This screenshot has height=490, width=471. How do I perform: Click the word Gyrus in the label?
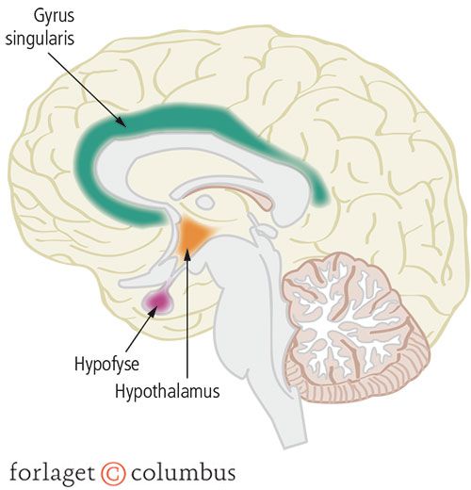[x=54, y=16]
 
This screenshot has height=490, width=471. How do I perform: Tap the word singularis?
[x=40, y=39]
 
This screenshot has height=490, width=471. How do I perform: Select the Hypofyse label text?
[x=106, y=365]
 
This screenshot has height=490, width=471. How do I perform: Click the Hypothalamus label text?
[x=167, y=391]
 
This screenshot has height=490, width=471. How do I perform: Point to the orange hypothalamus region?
[x=192, y=234]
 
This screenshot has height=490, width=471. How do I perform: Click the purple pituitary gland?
[x=158, y=301]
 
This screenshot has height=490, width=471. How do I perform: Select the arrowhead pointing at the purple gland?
[x=153, y=309]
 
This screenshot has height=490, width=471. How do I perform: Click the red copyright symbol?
[x=113, y=474]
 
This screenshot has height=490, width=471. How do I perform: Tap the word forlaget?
[x=52, y=472]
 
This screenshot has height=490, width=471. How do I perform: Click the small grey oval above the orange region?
[x=205, y=202]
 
